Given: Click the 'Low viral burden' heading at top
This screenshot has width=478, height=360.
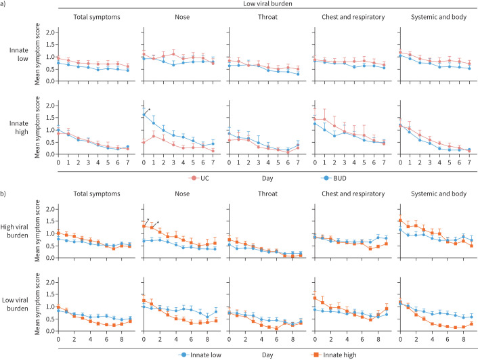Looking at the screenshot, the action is coord(267,3).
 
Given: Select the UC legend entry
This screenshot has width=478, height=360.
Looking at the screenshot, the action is coord(199,178).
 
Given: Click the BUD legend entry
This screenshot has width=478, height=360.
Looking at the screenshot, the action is coord(334,178).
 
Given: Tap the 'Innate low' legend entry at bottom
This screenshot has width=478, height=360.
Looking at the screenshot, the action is coord(200,355).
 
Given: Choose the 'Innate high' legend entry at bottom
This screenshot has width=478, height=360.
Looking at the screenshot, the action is coord(334,355).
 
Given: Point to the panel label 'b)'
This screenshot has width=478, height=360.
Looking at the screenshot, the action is coord(3,194).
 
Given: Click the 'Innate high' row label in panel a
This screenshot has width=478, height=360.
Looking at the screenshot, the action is coord(18,128).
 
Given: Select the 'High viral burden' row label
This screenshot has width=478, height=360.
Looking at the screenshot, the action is coord(14,231).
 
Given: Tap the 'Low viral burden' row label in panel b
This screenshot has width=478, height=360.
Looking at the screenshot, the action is coord(15,305).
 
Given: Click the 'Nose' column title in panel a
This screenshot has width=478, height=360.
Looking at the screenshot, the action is coord(182,17).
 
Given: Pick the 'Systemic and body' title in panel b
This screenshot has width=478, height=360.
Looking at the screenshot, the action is coord(439,194).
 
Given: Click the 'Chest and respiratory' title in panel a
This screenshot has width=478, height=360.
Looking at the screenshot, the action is coord(353,17).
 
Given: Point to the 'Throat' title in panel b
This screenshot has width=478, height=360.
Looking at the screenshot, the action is coord(267,194).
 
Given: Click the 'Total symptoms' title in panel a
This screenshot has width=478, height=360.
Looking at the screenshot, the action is coord(97,17).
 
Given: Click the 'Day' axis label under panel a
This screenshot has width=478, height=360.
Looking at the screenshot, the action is coord(267,179).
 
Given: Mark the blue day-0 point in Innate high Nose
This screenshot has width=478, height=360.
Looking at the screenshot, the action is coord(144,115).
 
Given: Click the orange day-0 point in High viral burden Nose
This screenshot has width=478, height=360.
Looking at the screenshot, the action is coord(144,226).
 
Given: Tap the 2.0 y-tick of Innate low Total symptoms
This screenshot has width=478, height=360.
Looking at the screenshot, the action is coord(50,32).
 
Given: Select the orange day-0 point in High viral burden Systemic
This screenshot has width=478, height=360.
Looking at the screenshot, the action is coord(401,221).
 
